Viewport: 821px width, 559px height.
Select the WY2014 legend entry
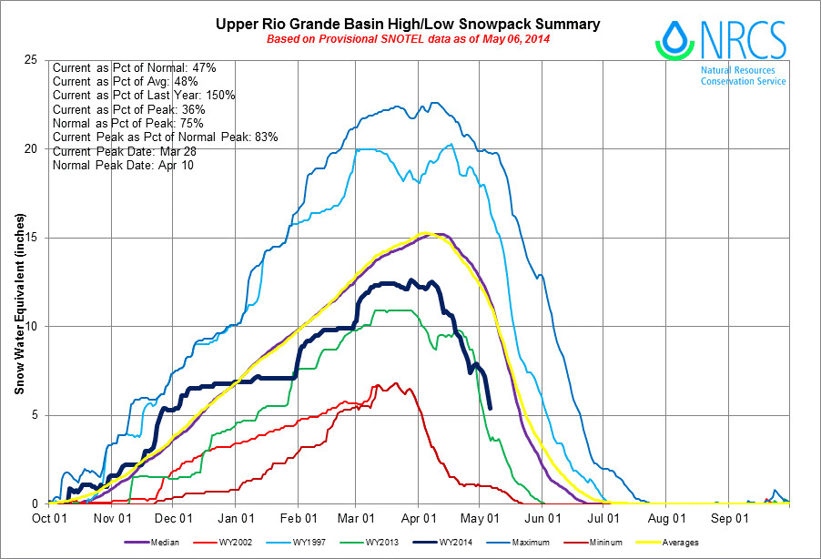click(x=446, y=544)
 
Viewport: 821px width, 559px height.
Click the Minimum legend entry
click(x=598, y=544)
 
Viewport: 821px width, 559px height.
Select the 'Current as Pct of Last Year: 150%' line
click(x=144, y=96)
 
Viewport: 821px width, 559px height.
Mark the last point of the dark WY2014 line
click(x=491, y=407)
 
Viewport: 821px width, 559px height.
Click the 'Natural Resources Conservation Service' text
click(x=743, y=76)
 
